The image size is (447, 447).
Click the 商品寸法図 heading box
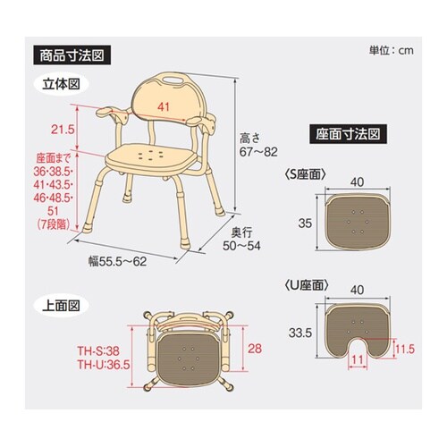pyautogui.click(x=72, y=54)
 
